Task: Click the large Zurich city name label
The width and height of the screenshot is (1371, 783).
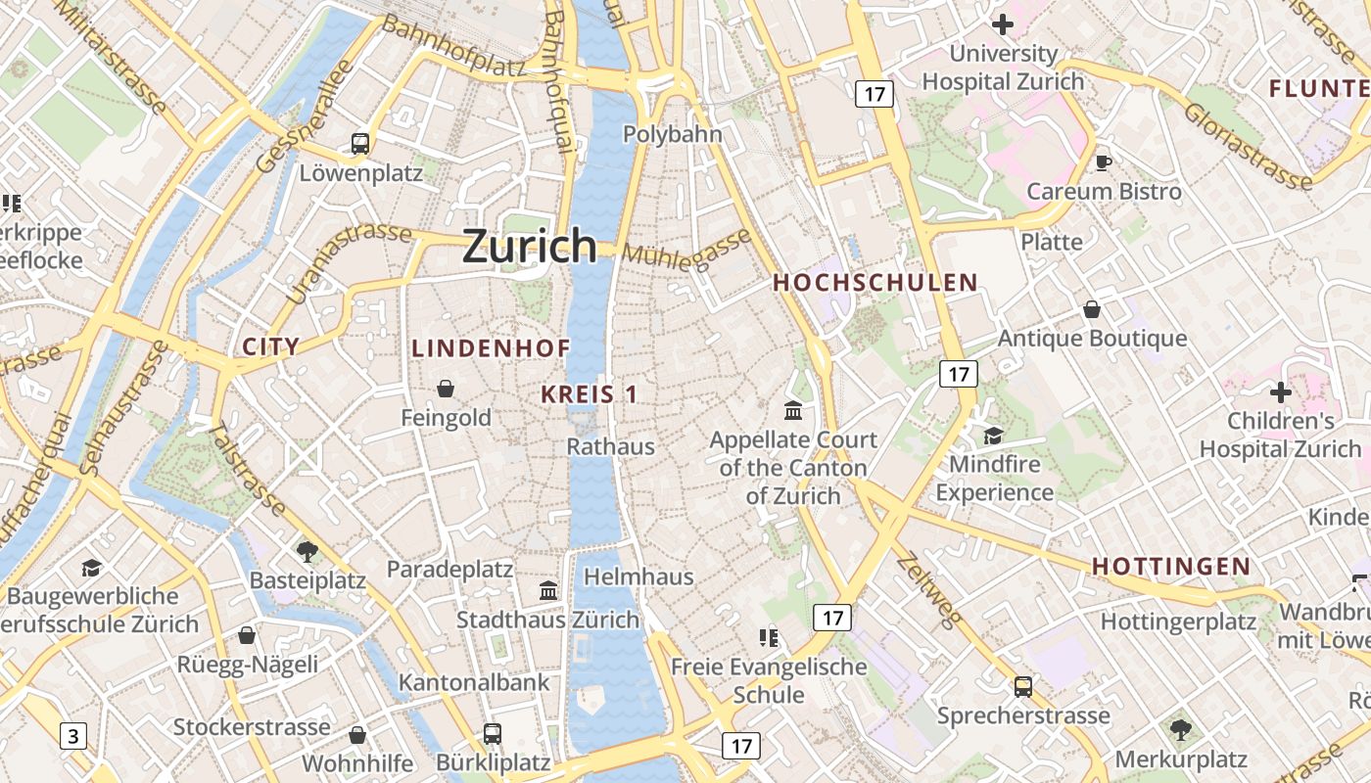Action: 529,245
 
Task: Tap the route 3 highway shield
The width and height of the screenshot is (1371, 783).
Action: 73,735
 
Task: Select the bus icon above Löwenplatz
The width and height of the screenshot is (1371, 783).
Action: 359,144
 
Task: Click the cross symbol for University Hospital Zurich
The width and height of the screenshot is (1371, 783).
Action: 1003,24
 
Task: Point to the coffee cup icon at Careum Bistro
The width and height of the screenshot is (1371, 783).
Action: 1104,162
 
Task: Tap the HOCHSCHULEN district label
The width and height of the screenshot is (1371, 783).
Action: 875,283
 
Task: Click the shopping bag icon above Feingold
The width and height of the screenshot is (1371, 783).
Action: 446,389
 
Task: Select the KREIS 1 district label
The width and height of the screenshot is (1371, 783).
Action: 590,394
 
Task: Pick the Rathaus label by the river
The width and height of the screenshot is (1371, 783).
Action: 611,446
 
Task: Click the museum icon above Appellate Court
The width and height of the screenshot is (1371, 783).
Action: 793,410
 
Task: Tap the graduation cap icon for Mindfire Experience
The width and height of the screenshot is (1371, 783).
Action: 993,436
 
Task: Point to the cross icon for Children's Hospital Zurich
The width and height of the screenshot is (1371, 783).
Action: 1280,392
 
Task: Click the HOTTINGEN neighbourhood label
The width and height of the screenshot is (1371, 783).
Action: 1171,567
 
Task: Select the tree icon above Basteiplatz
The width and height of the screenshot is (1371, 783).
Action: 307,552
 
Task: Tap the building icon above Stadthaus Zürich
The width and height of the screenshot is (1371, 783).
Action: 548,591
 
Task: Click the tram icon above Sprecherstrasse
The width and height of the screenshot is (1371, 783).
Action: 1023,687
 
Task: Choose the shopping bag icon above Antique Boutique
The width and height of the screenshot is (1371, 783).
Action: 1092,310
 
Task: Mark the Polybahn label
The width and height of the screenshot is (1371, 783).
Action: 672,135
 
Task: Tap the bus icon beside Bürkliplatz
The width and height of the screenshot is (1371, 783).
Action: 493,733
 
